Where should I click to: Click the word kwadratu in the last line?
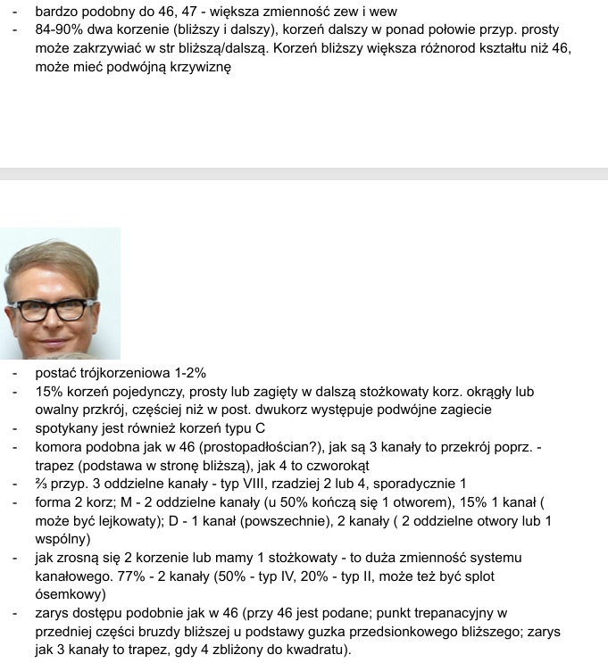pos(316,650)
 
